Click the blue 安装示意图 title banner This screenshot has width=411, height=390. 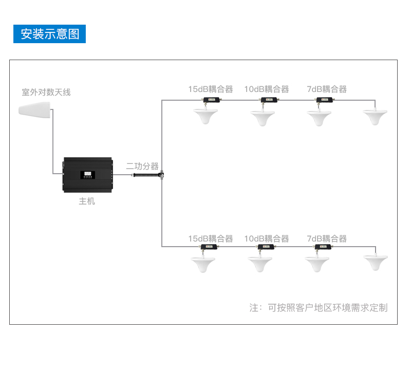(x=49, y=34)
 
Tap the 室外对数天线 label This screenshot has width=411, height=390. (x=46, y=92)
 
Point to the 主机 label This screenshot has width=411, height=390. (x=87, y=201)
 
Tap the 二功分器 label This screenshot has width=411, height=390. (x=142, y=166)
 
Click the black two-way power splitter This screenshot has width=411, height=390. (x=148, y=175)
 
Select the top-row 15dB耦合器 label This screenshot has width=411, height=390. (x=210, y=89)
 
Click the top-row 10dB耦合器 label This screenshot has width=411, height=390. (x=266, y=89)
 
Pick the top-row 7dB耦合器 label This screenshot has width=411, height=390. (x=327, y=89)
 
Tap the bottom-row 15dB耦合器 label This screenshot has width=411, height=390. (x=210, y=239)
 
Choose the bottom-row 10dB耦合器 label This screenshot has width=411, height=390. (x=266, y=239)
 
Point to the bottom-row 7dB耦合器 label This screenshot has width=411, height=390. (x=327, y=239)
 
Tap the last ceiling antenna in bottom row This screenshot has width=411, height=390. (x=376, y=262)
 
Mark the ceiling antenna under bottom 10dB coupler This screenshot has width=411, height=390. (x=260, y=264)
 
